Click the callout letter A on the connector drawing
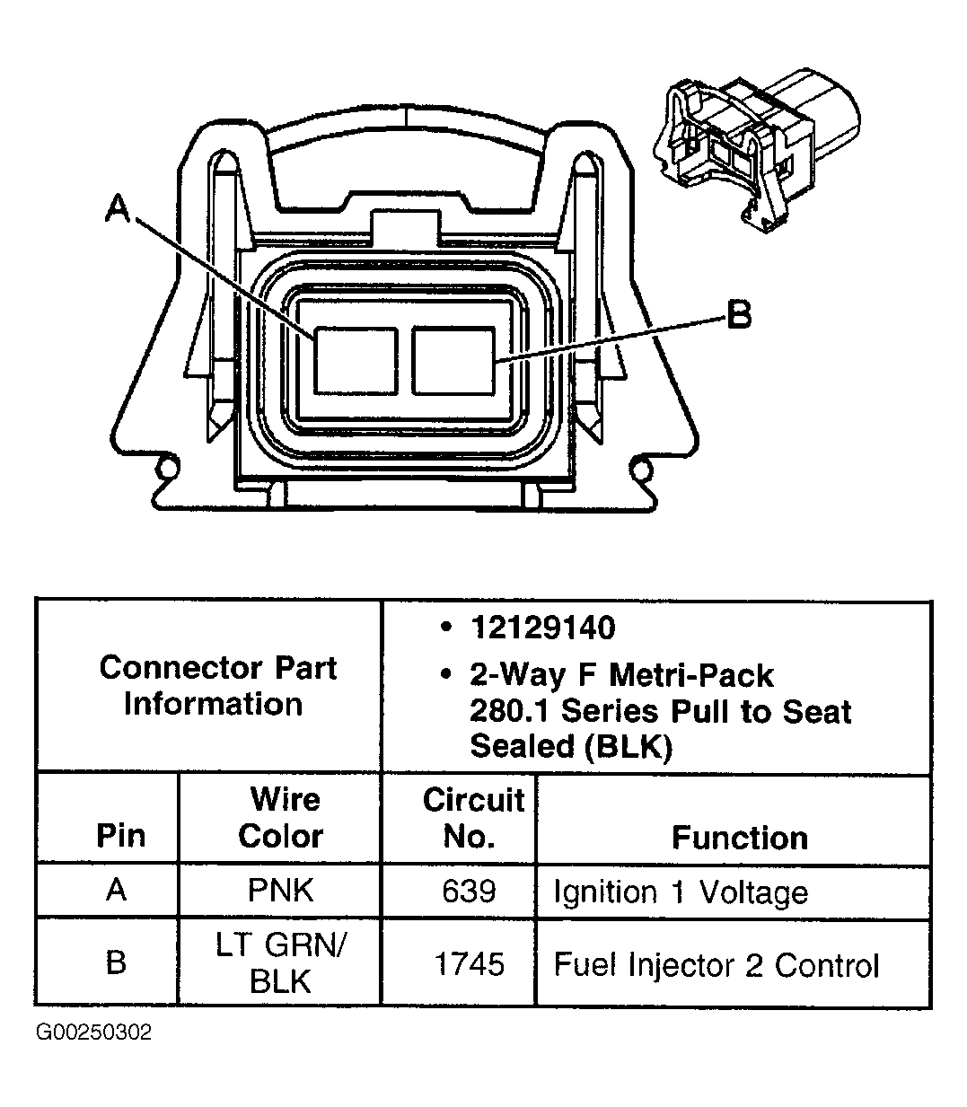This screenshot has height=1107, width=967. tap(118, 209)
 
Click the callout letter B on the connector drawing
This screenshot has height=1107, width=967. tap(738, 315)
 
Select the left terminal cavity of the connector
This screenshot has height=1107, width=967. tap(356, 360)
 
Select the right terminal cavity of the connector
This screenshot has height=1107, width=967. tap(453, 360)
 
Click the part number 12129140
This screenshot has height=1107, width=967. tap(543, 628)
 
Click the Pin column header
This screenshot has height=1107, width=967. tap(120, 835)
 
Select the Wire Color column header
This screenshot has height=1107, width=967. tap(281, 817)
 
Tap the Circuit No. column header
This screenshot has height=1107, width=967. tap(472, 817)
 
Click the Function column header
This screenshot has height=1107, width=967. tap(739, 838)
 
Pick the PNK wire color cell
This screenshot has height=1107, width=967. tap(280, 891)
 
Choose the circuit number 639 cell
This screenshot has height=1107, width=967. tap(469, 891)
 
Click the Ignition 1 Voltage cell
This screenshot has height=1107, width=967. tap(680, 892)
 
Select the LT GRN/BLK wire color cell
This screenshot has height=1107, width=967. tap(280, 962)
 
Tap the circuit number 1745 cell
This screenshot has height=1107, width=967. tap(469, 964)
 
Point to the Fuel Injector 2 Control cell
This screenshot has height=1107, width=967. tap(716, 965)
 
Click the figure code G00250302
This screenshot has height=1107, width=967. tap(93, 1032)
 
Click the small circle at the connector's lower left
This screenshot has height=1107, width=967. tap(164, 468)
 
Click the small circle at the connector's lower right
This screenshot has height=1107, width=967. tap(640, 468)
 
